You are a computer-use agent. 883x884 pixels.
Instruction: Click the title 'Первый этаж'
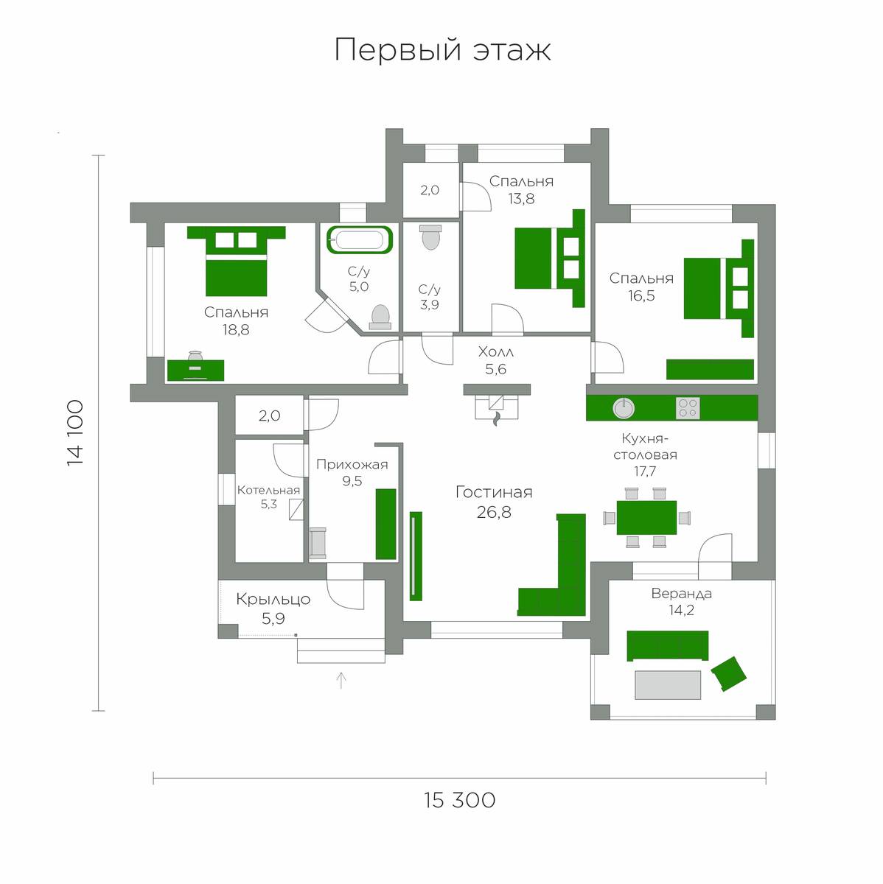click(x=442, y=50)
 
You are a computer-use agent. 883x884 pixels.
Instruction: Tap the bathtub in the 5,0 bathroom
click(x=360, y=239)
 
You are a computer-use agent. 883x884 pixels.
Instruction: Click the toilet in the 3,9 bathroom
click(x=430, y=237)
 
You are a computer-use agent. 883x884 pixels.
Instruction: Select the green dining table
click(x=646, y=518)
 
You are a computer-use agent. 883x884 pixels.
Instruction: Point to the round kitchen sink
click(x=623, y=408)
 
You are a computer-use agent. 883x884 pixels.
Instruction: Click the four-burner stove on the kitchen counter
click(x=688, y=408)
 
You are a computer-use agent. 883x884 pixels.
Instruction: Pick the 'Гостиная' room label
click(x=494, y=492)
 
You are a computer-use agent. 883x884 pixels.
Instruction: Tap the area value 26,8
click(x=494, y=512)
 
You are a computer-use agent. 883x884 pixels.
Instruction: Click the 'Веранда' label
click(x=682, y=594)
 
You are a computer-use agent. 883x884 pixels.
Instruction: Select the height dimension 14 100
click(x=75, y=433)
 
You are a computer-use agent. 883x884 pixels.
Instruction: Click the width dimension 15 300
click(x=459, y=801)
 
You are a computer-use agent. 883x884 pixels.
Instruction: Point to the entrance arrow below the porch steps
click(x=341, y=681)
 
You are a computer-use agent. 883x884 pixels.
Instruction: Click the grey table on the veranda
click(x=668, y=685)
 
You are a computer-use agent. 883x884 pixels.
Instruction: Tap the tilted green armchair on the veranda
click(x=729, y=674)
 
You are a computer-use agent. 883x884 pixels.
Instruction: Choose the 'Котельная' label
click(x=268, y=490)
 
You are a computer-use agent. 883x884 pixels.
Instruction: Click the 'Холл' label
click(x=496, y=352)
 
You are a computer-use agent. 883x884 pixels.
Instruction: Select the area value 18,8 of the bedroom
click(x=236, y=329)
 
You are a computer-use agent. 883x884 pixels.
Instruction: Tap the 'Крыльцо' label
click(x=273, y=600)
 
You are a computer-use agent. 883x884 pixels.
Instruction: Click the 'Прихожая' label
click(x=352, y=464)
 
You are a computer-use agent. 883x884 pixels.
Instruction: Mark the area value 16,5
click(x=641, y=296)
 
